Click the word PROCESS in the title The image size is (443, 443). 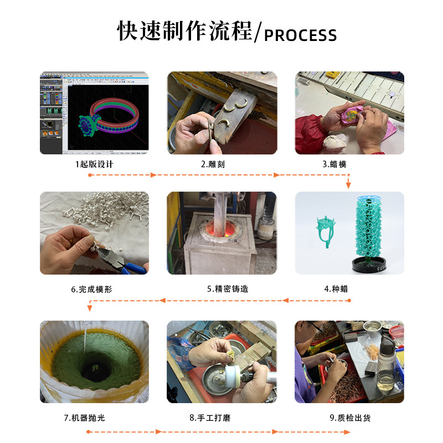pyautogui.click(x=300, y=35)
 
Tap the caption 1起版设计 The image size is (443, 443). pyautogui.click(x=94, y=164)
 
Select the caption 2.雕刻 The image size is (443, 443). pyautogui.click(x=213, y=164)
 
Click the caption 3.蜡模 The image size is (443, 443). pyautogui.click(x=334, y=164)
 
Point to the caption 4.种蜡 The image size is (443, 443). pyautogui.click(x=336, y=289)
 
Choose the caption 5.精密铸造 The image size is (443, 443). pyautogui.click(x=228, y=289)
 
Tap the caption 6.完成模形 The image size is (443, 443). pyautogui.click(x=91, y=289)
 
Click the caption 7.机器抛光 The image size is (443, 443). pyautogui.click(x=85, y=418)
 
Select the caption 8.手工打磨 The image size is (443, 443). pyautogui.click(x=210, y=418)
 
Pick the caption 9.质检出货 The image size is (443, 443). pyautogui.click(x=350, y=418)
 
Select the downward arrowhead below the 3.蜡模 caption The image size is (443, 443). pyautogui.click(x=348, y=185)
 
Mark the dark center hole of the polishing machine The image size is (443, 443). pyautogui.click(x=95, y=369)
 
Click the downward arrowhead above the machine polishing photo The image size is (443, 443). pyautogui.click(x=90, y=308)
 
